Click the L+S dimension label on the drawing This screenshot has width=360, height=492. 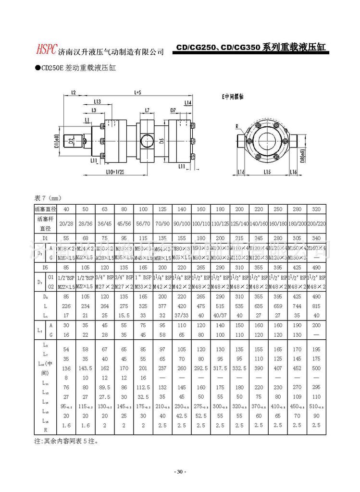(137, 91)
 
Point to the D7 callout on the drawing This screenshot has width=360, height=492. (173, 110)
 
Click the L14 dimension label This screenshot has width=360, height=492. (187, 103)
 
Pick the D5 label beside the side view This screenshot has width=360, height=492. (162, 141)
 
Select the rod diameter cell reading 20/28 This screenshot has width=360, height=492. (66, 223)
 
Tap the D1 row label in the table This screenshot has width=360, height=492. (45, 237)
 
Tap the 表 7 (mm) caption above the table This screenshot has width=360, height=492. (48, 197)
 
